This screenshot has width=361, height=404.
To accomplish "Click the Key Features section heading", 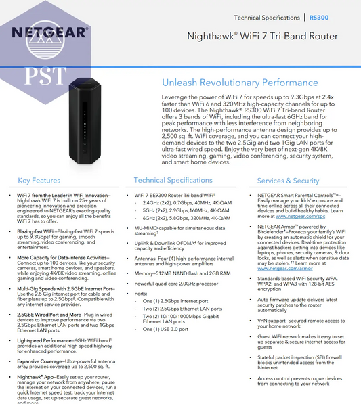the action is click(x=39, y=181).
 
